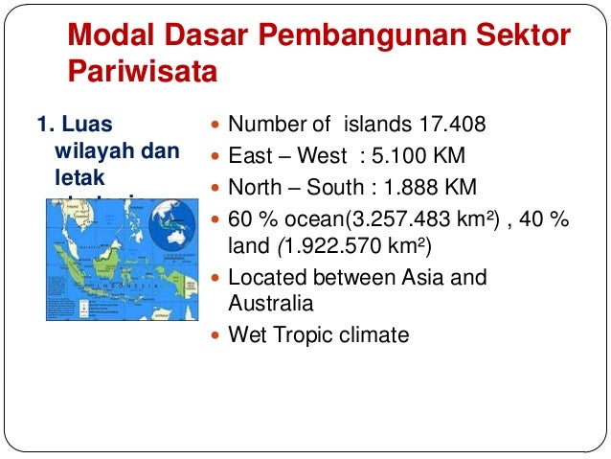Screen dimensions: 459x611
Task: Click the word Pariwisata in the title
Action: tap(143, 73)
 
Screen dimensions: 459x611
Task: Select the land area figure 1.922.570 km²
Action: tap(355, 247)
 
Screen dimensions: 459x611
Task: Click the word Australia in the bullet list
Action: tap(269, 304)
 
